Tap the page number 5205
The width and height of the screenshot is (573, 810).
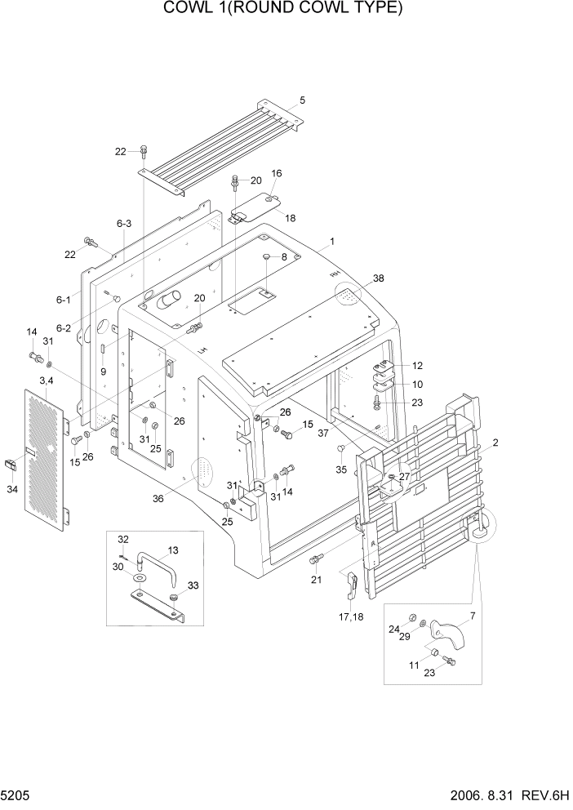(x=17, y=795)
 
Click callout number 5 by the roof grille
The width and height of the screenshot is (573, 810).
(x=302, y=100)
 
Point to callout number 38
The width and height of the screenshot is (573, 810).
(x=379, y=278)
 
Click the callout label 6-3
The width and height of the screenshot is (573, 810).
(x=124, y=223)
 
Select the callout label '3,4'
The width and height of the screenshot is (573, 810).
(x=46, y=381)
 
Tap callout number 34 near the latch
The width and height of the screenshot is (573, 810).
(x=12, y=490)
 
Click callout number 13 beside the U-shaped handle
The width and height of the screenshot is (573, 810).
(x=172, y=550)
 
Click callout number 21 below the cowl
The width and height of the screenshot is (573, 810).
(x=316, y=579)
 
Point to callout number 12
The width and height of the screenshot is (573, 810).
(x=417, y=365)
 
